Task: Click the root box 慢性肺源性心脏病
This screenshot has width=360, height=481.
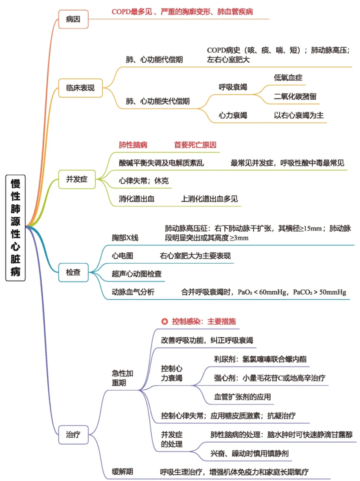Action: click(16, 228)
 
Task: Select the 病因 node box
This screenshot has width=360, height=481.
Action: click(73, 19)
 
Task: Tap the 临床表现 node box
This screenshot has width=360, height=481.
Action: click(80, 88)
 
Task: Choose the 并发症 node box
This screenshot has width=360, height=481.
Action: click(77, 179)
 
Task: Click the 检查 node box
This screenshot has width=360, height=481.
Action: click(73, 272)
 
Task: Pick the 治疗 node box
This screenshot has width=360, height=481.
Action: click(73, 434)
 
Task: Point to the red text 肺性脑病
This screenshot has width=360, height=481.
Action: click(133, 145)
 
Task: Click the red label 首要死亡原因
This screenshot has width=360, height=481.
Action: click(195, 145)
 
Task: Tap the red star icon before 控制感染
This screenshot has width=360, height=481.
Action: click(164, 321)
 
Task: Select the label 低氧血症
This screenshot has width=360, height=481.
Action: click(288, 78)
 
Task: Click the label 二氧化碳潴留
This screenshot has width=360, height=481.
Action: click(295, 97)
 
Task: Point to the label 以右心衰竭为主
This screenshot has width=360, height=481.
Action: click(298, 115)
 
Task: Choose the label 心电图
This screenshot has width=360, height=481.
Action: click(122, 256)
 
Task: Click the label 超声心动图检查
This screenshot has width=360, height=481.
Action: click(137, 274)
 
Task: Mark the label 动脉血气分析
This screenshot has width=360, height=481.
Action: click(133, 292)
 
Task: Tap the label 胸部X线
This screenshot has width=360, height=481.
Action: click(125, 238)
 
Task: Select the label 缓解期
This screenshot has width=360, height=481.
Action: click(122, 471)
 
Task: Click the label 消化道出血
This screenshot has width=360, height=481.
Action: click(137, 199)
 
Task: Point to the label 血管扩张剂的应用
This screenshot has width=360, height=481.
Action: click(243, 397)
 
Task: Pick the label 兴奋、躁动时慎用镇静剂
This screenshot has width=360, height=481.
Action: click(249, 453)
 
